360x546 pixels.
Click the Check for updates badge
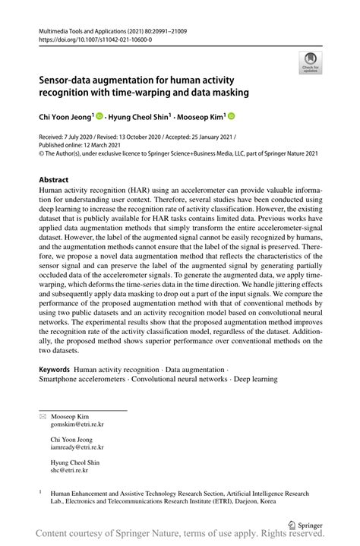309,63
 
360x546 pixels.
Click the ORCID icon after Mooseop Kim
231,117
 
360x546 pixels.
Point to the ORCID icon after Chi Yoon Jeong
99,117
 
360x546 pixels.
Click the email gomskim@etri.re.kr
77,425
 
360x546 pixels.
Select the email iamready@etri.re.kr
77,448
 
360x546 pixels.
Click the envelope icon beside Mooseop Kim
42,417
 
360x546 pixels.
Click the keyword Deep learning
256,378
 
